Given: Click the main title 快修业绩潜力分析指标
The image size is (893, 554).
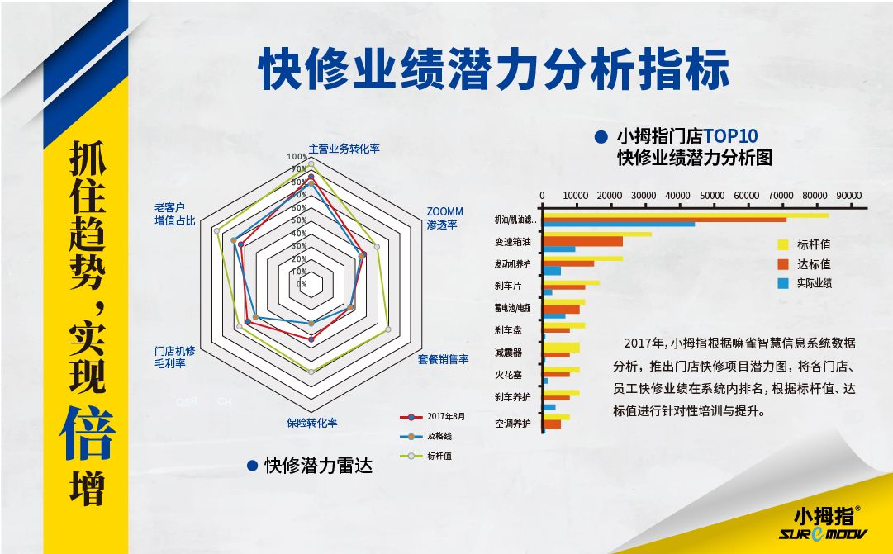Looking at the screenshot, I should point(495,69).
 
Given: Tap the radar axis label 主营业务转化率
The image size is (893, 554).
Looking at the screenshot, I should point(344,149).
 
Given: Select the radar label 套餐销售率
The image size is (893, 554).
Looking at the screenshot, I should point(443,359).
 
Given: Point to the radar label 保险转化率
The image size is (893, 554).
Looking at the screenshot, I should point(312,423).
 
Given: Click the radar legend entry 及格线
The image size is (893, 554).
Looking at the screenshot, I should point(439,435).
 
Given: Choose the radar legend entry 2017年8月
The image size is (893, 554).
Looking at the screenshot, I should point(445,416).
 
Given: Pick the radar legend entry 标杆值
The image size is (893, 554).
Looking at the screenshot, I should point(439,455).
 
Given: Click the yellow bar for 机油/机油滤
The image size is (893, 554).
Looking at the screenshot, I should point(685,215).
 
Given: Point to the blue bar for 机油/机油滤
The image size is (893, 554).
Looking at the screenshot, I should point(619,225).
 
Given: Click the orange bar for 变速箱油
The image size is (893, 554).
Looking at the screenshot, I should point(582,241).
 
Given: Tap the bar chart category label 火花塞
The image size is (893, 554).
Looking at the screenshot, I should point(508,375).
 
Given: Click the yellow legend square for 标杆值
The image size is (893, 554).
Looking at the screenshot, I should point(784,244).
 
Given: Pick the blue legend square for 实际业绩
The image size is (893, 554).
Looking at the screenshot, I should point(784,283).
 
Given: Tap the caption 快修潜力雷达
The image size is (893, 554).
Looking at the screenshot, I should point(319,466).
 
